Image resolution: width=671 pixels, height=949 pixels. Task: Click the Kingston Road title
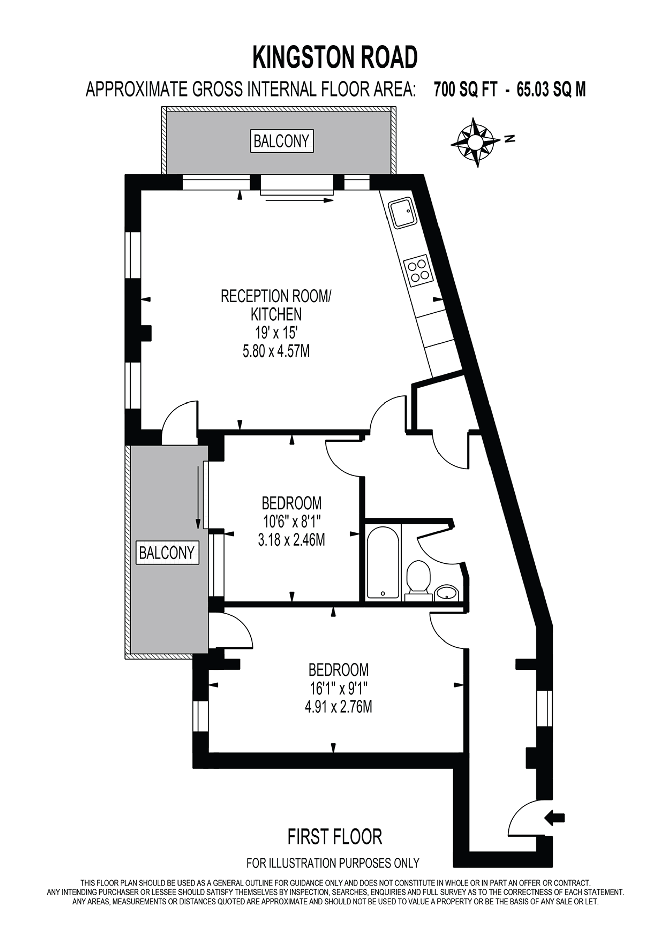tap(335, 57)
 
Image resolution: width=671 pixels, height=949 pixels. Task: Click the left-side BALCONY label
tap(166, 553)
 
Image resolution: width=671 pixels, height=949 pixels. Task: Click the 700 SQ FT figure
tap(465, 90)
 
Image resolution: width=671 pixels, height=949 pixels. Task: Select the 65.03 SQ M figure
tap(551, 90)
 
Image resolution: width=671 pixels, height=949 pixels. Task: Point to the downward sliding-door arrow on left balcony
tap(198, 494)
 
